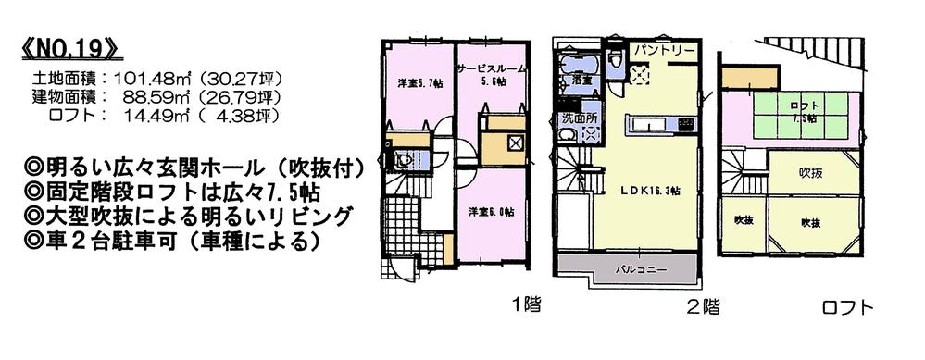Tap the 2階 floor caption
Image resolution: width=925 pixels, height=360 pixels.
click(701, 306)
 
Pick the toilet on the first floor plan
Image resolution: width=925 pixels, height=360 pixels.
click(400, 161)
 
